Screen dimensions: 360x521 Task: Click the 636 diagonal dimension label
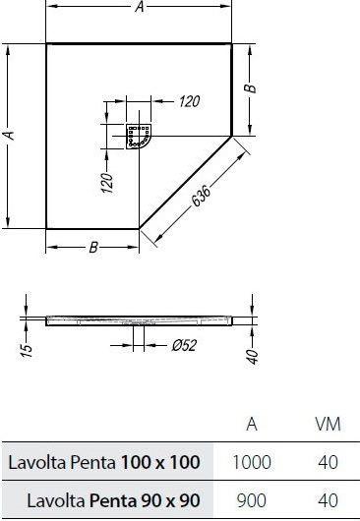tap(202, 196)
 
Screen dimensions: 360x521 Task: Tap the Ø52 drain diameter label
tap(184, 346)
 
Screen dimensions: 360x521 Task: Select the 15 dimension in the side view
tap(28, 350)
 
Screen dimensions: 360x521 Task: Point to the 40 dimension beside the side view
tap(253, 356)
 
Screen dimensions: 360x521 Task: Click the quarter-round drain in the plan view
tap(139, 137)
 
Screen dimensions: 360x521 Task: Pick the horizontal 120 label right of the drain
tap(189, 101)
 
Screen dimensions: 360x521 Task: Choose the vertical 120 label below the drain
tap(107, 183)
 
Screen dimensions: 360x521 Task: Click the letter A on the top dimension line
tap(140, 7)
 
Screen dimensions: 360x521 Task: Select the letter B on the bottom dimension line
tap(93, 247)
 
